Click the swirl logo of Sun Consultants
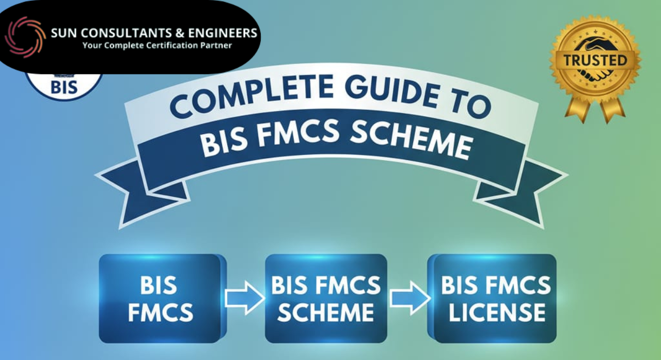(25, 37)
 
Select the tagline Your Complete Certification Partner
(157, 45)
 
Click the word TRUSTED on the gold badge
(595, 60)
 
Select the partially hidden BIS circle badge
(64, 86)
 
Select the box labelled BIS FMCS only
(160, 299)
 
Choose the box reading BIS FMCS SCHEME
(325, 299)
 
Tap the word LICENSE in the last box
(496, 312)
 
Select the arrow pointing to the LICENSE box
(409, 299)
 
